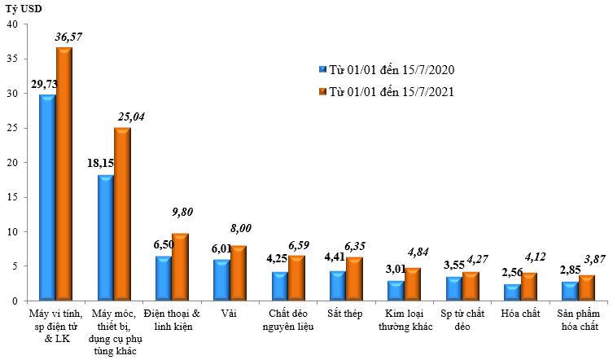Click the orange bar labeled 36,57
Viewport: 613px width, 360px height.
point(63,174)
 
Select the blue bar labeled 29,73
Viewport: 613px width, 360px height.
point(47,198)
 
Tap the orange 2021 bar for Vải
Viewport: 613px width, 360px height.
point(238,273)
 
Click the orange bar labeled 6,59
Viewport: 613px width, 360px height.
point(296,278)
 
